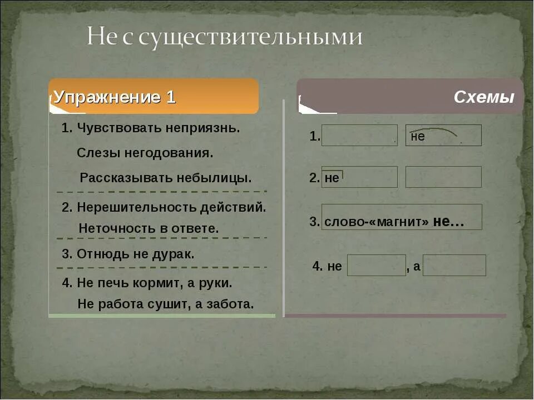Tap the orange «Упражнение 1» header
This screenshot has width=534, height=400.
(x=115, y=98)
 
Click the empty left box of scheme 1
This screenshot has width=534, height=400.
(x=359, y=136)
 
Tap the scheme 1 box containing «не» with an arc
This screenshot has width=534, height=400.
(x=443, y=136)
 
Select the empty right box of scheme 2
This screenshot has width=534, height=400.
(x=443, y=177)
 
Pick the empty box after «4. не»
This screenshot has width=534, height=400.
(x=377, y=266)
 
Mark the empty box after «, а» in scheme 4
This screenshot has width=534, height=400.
(x=454, y=266)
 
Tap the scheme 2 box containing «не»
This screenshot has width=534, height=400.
(x=359, y=177)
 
